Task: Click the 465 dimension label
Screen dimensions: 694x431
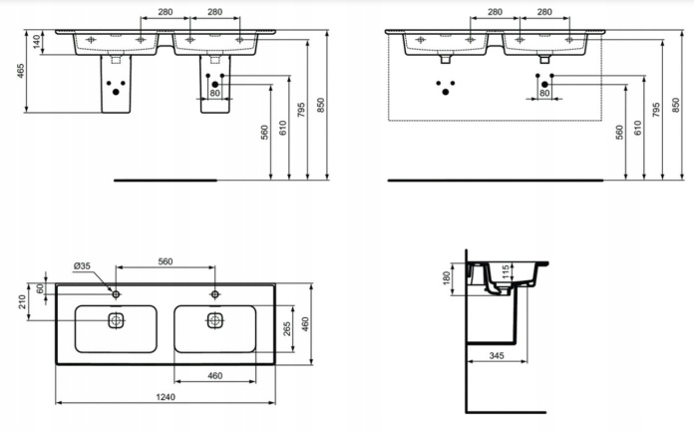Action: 21,71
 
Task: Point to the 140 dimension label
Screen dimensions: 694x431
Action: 37,42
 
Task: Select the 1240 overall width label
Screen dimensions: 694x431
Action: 166,397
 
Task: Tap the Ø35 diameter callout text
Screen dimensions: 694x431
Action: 82,265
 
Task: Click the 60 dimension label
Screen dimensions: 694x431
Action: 40,288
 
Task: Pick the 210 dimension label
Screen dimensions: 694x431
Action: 22,302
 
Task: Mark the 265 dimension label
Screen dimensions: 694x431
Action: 287,328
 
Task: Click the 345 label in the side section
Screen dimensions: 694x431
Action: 497,355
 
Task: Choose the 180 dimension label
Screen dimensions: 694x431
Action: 446,277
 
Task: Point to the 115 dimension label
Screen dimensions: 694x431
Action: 506,271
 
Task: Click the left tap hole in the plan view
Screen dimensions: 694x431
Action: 116,294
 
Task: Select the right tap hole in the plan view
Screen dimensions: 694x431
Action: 215,294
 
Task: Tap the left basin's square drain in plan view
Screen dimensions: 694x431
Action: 116,320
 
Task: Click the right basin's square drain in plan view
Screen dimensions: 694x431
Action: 215,320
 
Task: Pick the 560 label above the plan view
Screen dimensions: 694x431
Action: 166,261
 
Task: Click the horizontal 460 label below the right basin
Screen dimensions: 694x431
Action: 214,376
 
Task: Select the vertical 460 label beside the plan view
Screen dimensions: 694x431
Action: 305,324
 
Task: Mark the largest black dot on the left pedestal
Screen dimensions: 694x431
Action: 116,92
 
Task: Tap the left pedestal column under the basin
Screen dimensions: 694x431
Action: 116,84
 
